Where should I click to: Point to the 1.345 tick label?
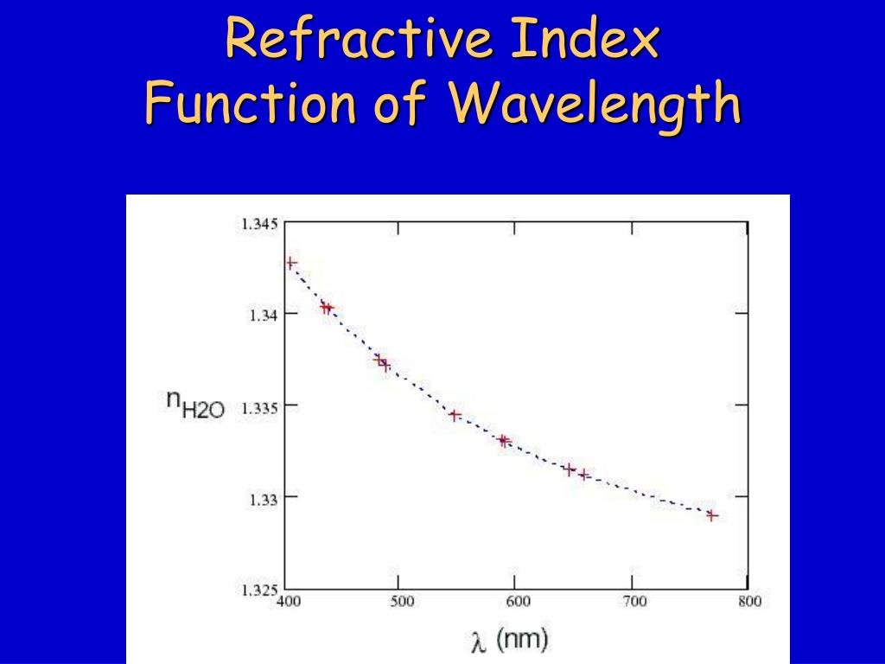point(258,225)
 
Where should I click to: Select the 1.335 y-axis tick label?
point(258,407)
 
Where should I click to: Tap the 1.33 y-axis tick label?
point(262,499)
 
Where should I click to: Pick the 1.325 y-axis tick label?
point(258,591)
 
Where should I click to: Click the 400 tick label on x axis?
point(288,602)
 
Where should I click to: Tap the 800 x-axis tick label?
point(748,602)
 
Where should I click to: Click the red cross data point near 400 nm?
point(291,262)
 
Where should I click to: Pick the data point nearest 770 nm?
point(712,515)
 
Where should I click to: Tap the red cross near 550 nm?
point(454,415)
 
